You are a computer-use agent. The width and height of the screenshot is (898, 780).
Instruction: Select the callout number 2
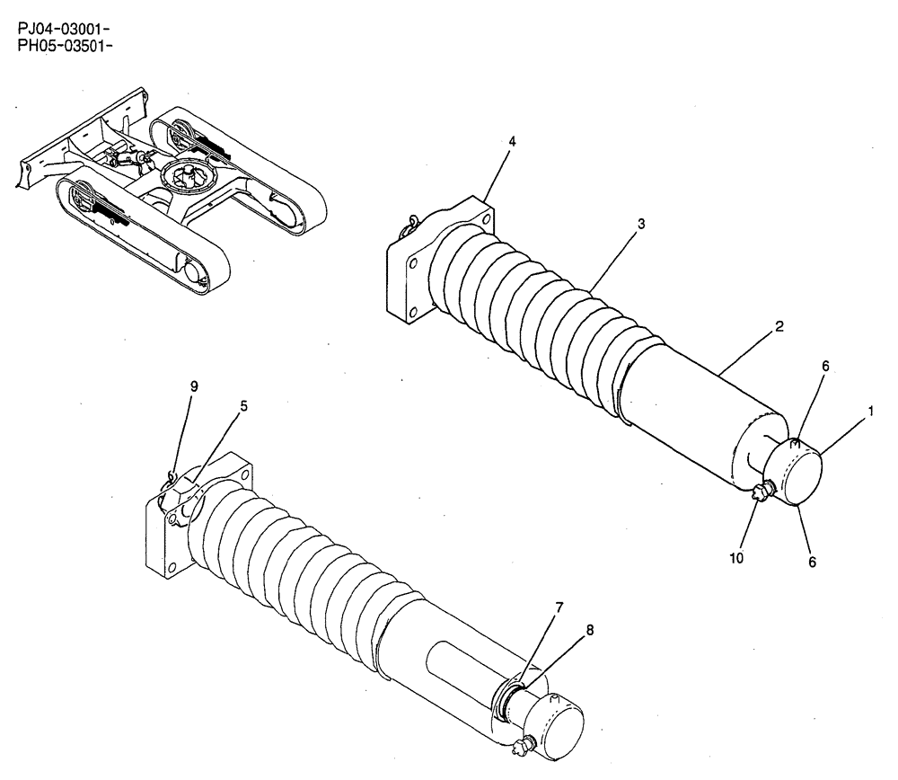point(779,327)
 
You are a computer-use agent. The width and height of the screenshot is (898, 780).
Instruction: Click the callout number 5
point(243,405)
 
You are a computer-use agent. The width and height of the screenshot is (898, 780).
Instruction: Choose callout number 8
point(589,630)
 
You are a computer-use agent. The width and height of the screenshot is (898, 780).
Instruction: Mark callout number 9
point(194,386)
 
